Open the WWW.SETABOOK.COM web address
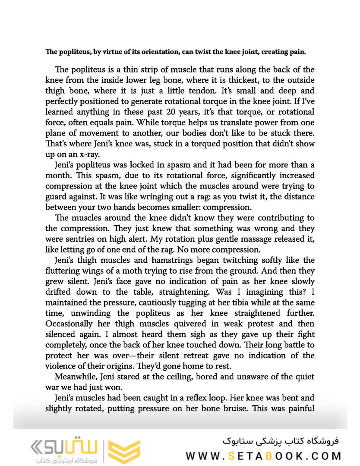click(264, 456)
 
